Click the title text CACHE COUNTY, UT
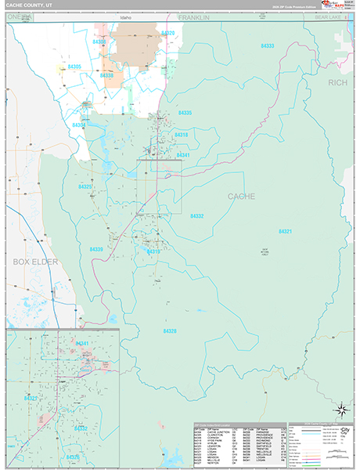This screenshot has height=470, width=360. point(30,5)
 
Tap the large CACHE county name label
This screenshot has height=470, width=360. point(241,196)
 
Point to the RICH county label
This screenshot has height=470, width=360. point(337,81)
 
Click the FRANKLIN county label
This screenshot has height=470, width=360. point(193,16)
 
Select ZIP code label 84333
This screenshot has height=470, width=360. point(268,46)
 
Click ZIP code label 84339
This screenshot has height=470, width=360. point(96,249)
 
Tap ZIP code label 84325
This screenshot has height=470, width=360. point(85,186)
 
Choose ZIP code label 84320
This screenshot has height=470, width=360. point(167,33)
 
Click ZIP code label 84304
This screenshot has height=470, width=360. point(78,125)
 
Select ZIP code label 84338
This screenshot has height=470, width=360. point(106,76)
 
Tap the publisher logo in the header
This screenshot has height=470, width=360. point(322,5)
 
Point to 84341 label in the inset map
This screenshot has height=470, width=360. point(81,343)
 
